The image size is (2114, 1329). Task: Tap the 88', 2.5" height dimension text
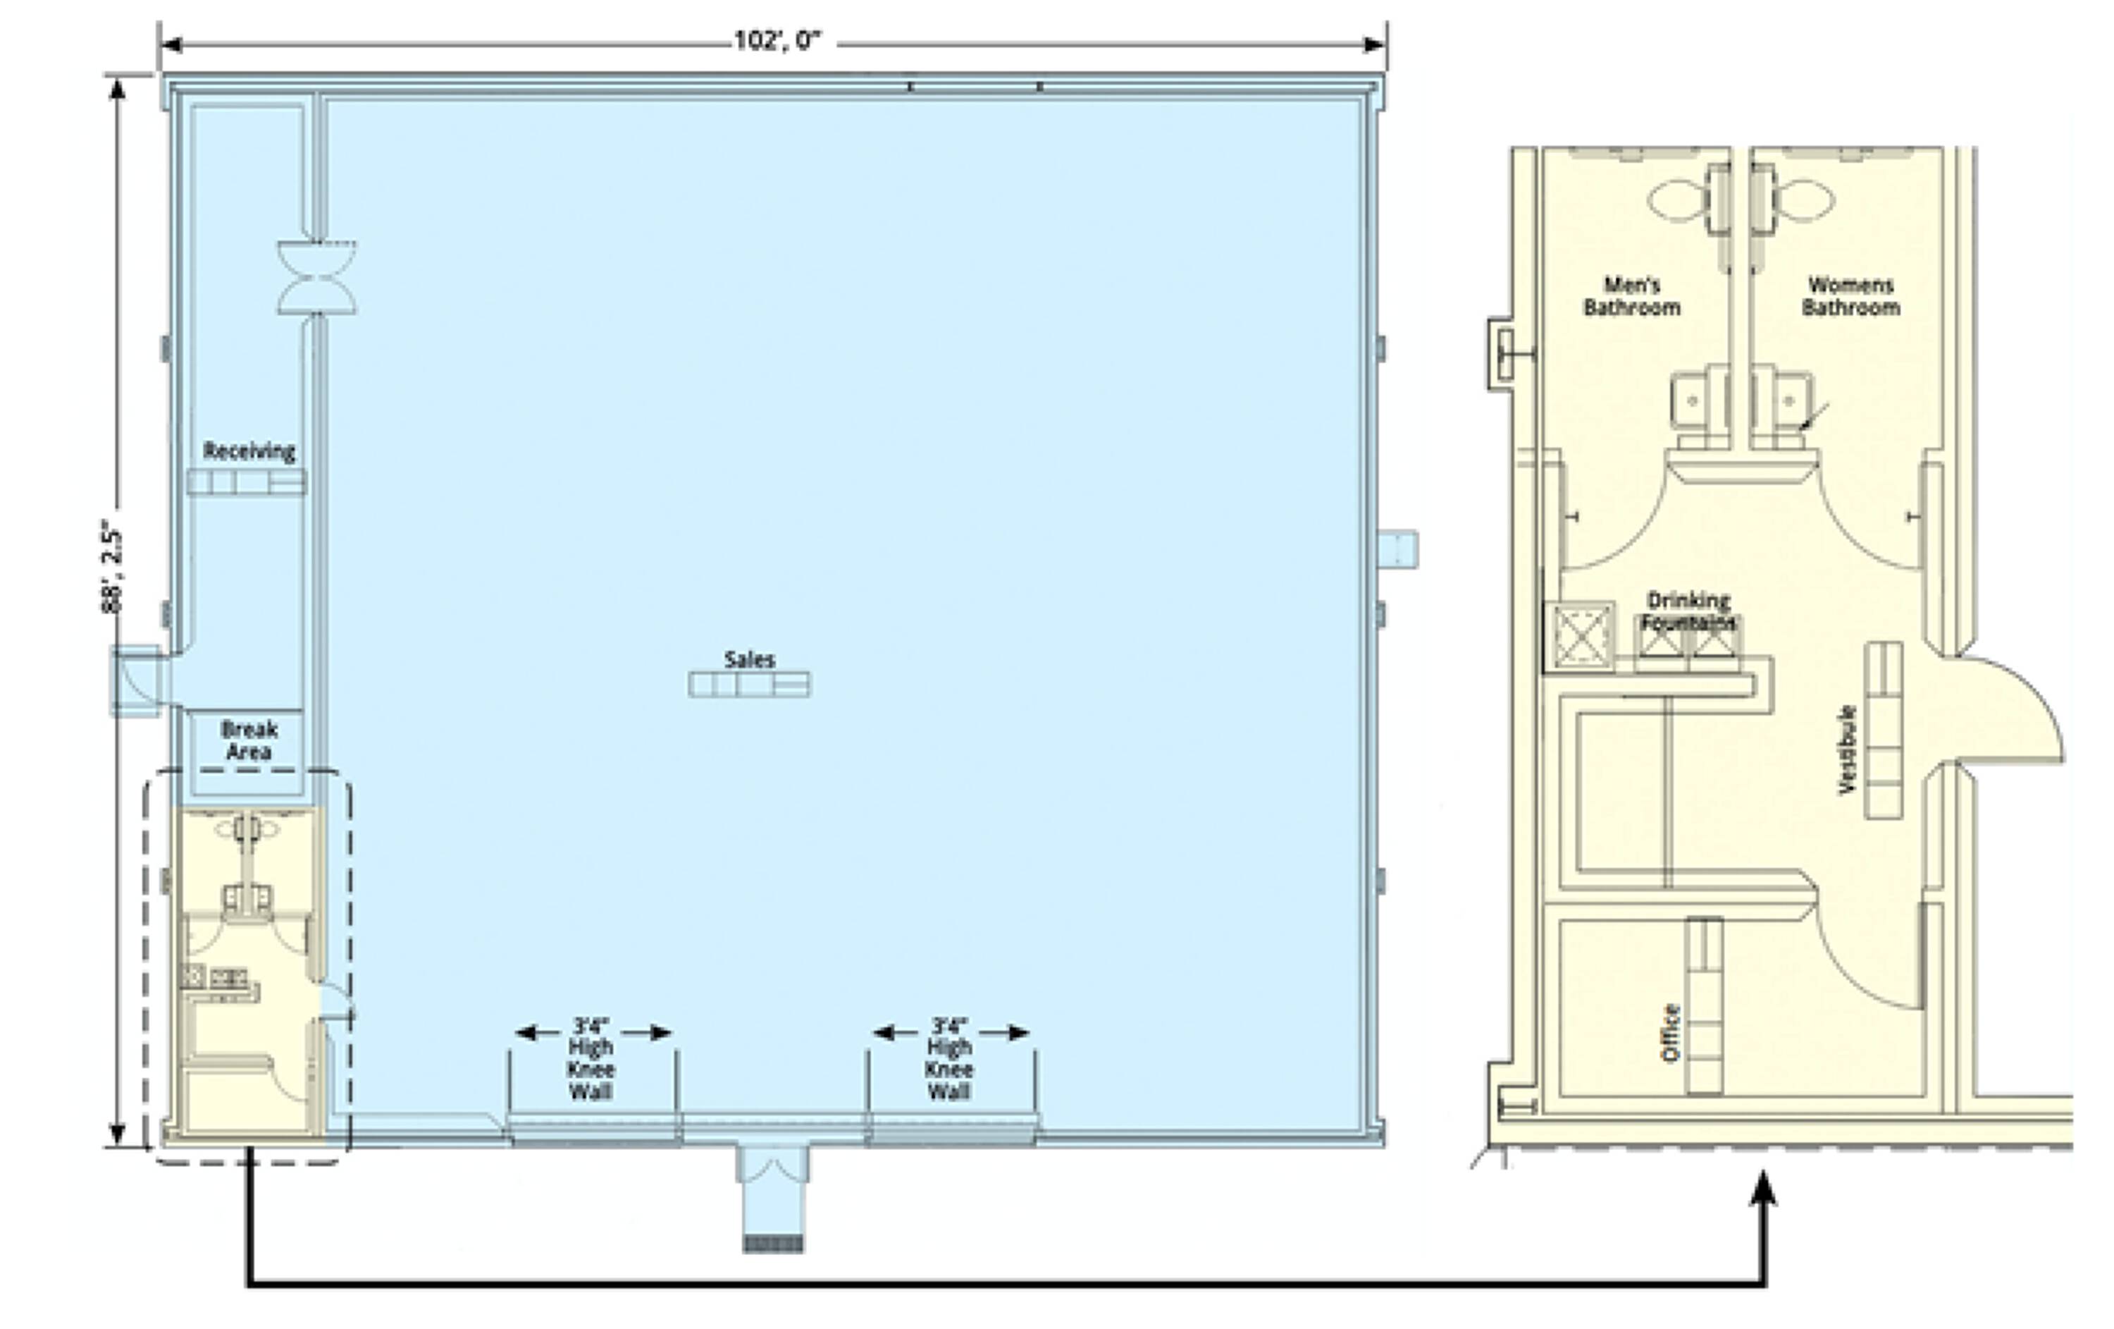[x=111, y=570]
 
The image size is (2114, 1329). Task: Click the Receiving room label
[x=249, y=451]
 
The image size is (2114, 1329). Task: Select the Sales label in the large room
[x=749, y=659]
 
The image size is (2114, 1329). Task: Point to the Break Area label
[x=249, y=740]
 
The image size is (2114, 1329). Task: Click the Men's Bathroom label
[x=1631, y=296]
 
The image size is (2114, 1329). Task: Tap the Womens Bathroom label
[x=1850, y=296]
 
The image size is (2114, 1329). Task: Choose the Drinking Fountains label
[x=1688, y=611]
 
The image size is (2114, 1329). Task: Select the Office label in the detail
[x=1671, y=1032]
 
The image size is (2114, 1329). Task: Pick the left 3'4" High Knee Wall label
[x=591, y=1058]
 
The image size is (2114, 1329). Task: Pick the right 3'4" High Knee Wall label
[x=949, y=1058]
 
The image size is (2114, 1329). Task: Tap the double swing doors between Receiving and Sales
[x=317, y=278]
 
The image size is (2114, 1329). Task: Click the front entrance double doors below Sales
[x=772, y=1165]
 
